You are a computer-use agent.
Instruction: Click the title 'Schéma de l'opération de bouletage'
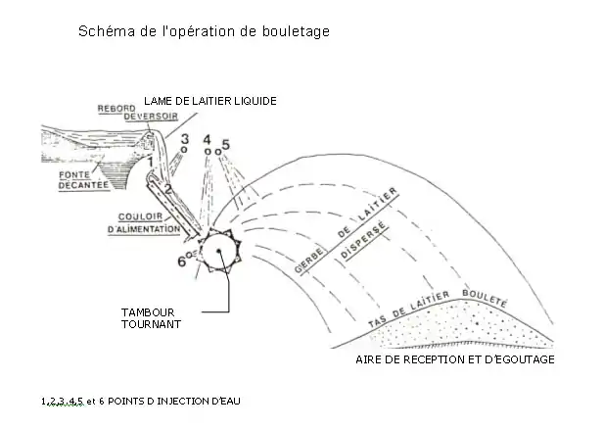coord(204,31)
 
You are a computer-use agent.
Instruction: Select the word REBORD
coord(116,108)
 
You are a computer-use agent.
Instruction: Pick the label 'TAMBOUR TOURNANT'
coord(149,318)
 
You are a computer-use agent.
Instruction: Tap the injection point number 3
coord(185,143)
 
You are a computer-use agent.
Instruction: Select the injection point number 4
coord(207,143)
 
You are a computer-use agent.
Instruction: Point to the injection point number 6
coord(183,261)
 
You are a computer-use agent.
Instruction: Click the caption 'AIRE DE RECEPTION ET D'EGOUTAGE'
coord(455,360)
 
